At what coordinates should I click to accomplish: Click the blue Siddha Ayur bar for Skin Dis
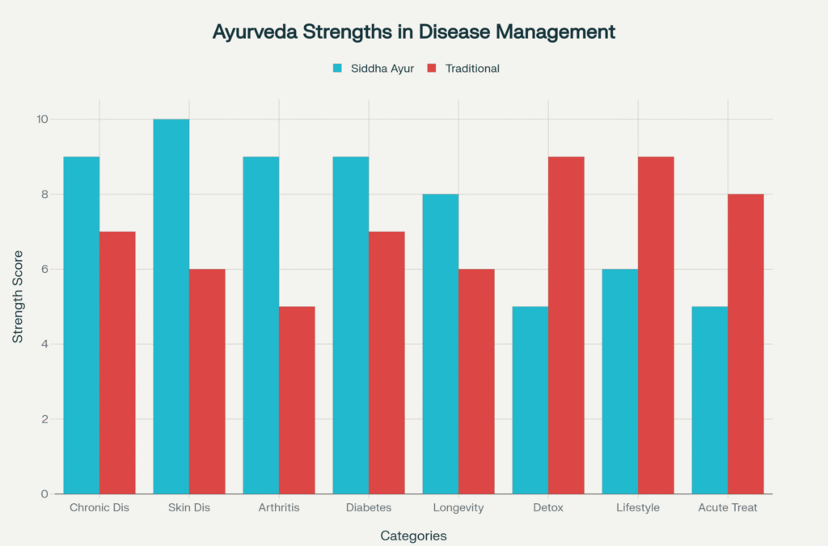point(171,307)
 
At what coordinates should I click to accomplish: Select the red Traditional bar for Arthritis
point(297,400)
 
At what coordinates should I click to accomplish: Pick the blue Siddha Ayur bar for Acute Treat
point(710,400)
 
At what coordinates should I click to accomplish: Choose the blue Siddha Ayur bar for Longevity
point(441,344)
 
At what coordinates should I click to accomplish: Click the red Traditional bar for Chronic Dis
point(117,363)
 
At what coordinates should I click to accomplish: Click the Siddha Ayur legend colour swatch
point(337,69)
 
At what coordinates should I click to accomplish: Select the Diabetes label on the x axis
point(369,508)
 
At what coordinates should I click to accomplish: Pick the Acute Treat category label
point(728,508)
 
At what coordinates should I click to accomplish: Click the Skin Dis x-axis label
point(189,508)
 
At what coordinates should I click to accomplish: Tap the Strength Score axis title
point(18,307)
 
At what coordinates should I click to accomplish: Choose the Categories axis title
point(413,535)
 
